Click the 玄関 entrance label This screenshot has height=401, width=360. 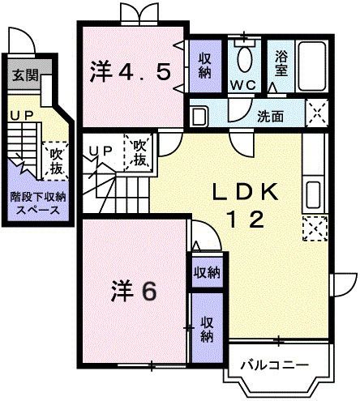pyautogui.click(x=21, y=76)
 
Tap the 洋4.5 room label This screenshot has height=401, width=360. pyautogui.click(x=131, y=73)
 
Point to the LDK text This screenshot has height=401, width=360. pyautogui.click(x=247, y=192)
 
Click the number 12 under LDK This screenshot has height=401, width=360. pyautogui.click(x=246, y=220)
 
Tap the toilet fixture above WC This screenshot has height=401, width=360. pyautogui.click(x=245, y=58)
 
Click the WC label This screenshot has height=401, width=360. pyautogui.click(x=245, y=84)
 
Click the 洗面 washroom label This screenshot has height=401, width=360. pyautogui.click(x=270, y=116)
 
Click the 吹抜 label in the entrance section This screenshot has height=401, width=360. pyautogui.click(x=56, y=159)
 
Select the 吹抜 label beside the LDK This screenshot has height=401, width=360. pyautogui.click(x=139, y=153)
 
